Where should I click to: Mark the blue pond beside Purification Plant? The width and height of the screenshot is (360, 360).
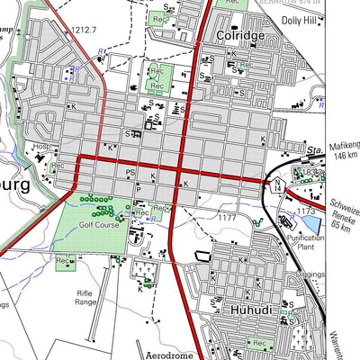click(310, 224)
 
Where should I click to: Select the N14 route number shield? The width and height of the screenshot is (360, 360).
click(279, 184)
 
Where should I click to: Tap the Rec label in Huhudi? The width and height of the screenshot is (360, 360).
click(259, 344)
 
